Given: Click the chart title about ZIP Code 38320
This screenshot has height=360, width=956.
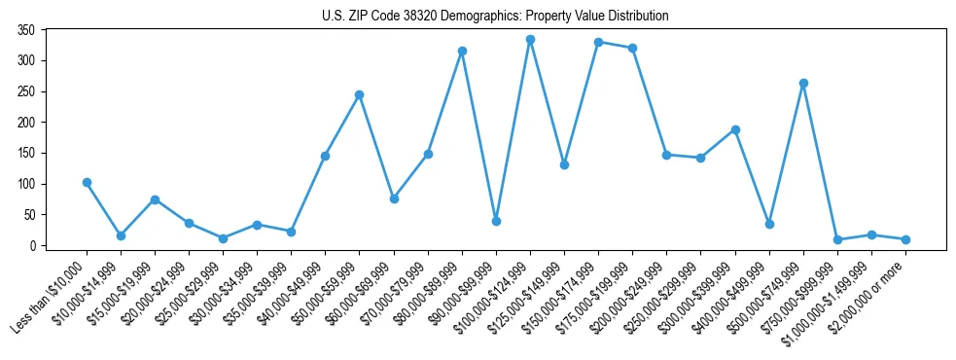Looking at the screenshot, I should tap(495, 17).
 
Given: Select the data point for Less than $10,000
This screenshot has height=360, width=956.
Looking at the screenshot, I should tap(87, 182).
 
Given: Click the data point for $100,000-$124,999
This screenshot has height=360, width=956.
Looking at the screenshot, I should tap(530, 40).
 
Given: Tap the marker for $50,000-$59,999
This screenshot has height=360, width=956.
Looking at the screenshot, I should tap(359, 94).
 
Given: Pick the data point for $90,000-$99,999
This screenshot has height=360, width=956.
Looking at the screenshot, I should tap(496, 221).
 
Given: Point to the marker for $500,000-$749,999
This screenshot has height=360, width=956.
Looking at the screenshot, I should tap(803, 83).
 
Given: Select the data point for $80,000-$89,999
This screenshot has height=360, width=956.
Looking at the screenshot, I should tap(462, 51).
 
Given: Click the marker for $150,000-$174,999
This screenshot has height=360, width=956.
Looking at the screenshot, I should tap(598, 42).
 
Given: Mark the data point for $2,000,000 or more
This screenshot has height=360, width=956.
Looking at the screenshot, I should tap(905, 239).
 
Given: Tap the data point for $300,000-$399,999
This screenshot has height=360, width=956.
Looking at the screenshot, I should tap(735, 129).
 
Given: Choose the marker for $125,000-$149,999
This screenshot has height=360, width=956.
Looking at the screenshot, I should tap(564, 164).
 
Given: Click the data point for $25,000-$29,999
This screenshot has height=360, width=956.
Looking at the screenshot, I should tap(223, 238).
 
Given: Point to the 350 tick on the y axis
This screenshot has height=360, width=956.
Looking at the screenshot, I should tap(26, 30).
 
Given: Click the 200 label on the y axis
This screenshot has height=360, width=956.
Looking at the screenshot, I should tap(26, 123).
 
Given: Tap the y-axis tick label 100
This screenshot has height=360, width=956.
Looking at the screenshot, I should tap(26, 184).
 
